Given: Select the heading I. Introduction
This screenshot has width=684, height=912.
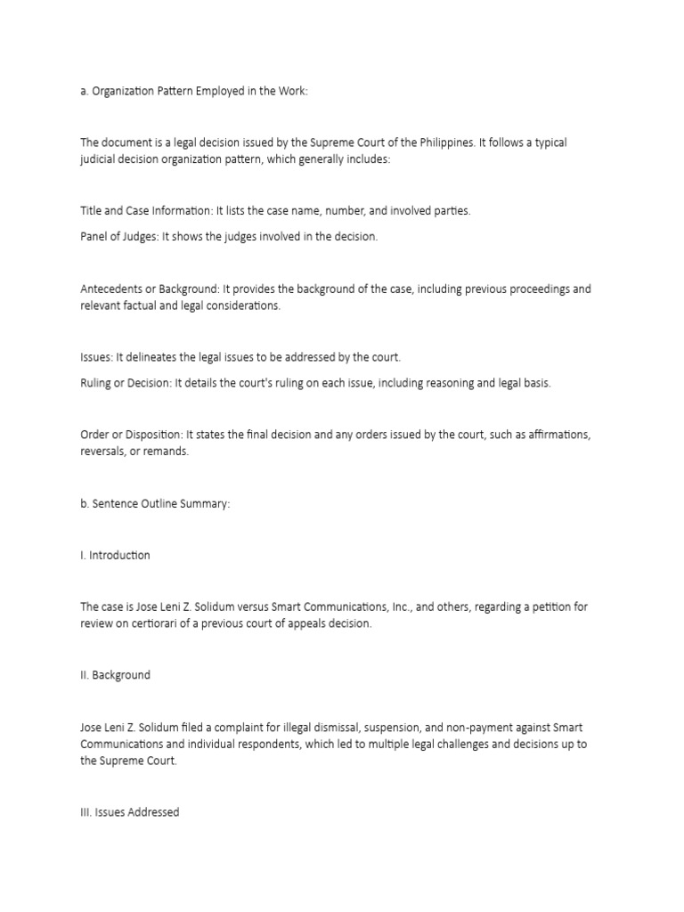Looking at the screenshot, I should click(115, 555).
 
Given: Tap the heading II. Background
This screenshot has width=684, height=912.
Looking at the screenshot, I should click(115, 675).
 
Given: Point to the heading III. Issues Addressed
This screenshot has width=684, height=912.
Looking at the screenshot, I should click(129, 812).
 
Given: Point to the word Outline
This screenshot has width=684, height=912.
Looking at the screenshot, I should click(158, 504).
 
